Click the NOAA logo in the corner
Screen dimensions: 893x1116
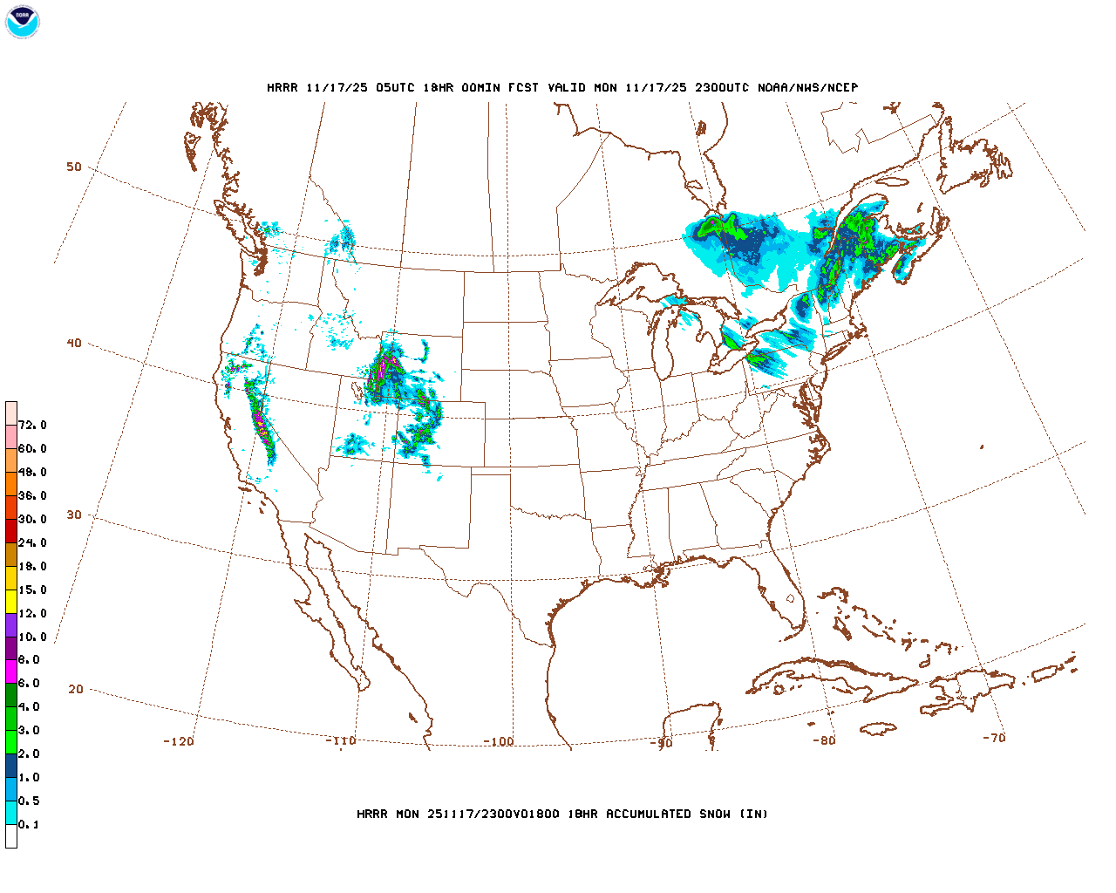(22, 22)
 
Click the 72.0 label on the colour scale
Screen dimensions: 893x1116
(32, 426)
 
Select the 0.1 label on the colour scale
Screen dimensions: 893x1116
(29, 825)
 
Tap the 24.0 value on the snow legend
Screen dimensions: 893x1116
(32, 543)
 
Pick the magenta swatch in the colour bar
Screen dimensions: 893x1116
(11, 671)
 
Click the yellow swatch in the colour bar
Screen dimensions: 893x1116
(11, 602)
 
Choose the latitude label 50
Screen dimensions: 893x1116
(74, 167)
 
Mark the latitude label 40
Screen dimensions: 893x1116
(74, 344)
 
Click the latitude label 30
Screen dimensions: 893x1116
(74, 515)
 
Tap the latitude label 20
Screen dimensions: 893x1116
(76, 690)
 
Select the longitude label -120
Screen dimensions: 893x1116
(178, 742)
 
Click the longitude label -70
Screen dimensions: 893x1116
(993, 738)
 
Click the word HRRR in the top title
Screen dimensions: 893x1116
(282, 88)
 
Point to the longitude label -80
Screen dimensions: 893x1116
(823, 741)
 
